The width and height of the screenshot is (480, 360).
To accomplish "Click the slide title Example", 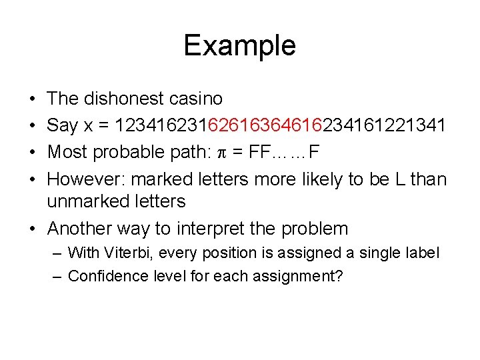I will pyautogui.click(x=239, y=46).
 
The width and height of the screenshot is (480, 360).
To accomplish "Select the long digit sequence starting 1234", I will pyautogui.click(x=281, y=125).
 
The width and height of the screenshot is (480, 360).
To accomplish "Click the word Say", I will pyautogui.click(x=63, y=125).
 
